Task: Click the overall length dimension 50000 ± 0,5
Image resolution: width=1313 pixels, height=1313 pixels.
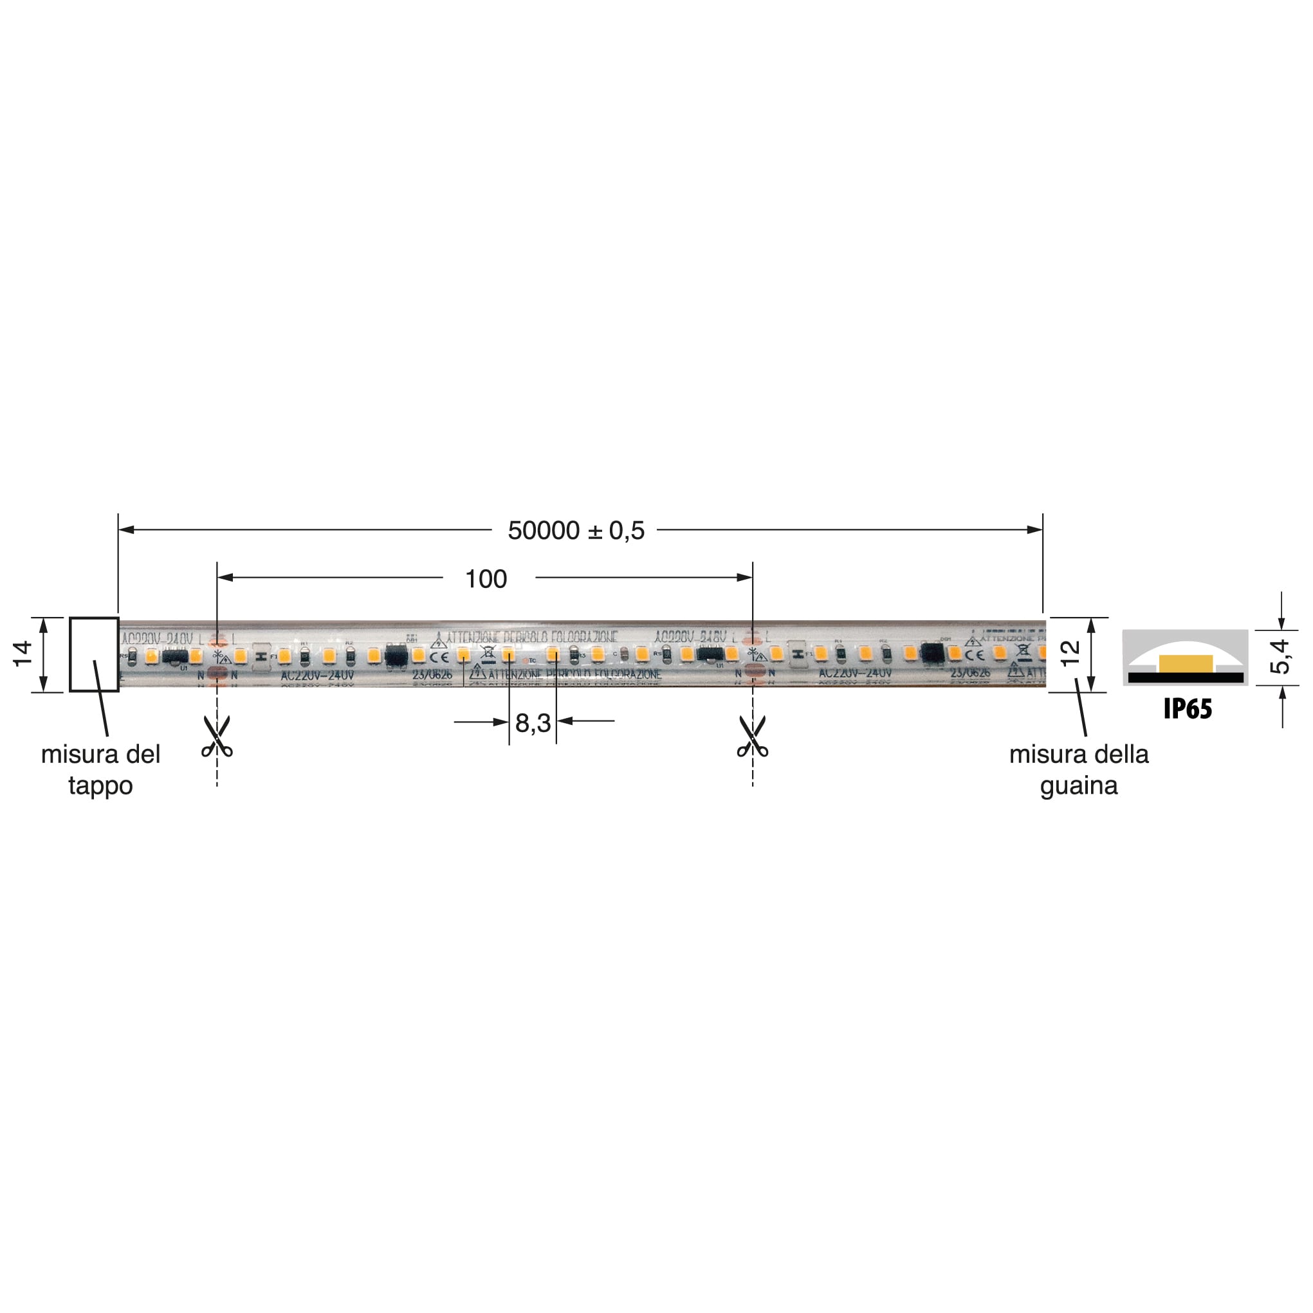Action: pos(576,531)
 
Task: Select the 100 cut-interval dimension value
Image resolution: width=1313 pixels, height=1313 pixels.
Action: pos(485,579)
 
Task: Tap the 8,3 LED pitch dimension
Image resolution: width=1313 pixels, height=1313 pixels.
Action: pos(533,723)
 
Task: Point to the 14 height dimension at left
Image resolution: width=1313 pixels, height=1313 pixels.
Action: pos(23,654)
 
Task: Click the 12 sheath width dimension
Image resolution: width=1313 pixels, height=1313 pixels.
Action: pos(1070,654)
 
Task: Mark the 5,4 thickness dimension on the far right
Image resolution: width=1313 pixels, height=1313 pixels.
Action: pos(1280,656)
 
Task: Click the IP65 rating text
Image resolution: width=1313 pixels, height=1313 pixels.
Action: pos(1188,709)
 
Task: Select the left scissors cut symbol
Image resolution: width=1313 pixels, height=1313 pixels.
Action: pos(217,737)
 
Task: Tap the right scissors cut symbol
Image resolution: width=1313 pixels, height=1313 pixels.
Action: pos(752,737)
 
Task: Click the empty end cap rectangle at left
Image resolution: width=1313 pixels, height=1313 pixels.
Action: pos(94,654)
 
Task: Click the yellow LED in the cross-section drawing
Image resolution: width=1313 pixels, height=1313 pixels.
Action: pos(1186,664)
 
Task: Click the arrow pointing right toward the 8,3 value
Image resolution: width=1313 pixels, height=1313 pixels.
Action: pos(499,722)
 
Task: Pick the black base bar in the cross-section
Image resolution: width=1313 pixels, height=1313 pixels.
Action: pos(1186,677)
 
